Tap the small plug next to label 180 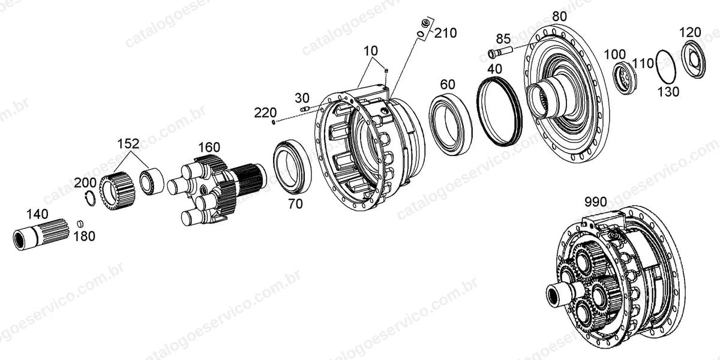[80, 223]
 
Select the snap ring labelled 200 [89, 199]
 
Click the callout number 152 [128, 143]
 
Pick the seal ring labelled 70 [292, 167]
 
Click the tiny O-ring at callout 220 [274, 122]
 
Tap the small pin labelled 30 [305, 109]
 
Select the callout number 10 [371, 51]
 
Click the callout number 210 [445, 33]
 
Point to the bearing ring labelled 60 [451, 124]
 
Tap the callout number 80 [560, 16]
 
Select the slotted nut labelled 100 [625, 77]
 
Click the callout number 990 [596, 202]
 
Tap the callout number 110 [643, 64]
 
